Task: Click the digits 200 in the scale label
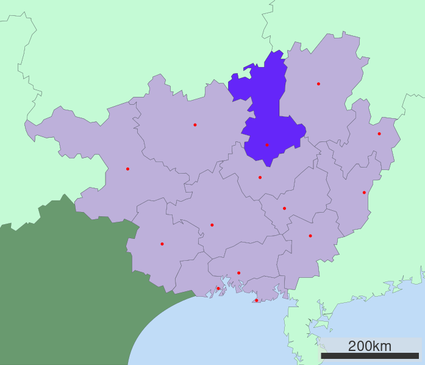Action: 360,346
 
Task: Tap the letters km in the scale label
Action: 382,346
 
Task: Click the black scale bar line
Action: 370,356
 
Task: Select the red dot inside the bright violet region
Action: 266,144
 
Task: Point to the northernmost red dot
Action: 318,83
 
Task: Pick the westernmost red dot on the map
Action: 127,169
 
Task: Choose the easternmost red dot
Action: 379,133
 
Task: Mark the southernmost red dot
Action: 256,300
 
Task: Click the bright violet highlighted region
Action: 268,104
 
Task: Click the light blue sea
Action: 244,335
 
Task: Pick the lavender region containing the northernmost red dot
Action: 320,104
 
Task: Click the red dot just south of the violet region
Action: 260,177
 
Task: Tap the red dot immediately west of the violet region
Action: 195,125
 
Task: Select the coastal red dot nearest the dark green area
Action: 218,288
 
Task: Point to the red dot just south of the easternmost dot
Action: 364,193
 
